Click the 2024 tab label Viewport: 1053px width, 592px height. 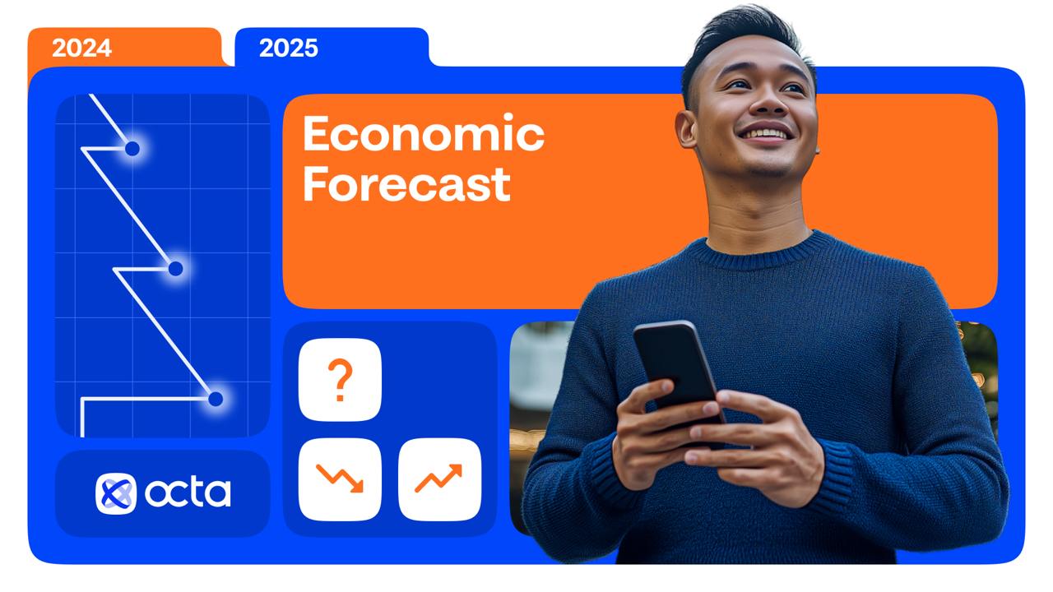click(x=81, y=48)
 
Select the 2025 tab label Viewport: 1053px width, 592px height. click(x=289, y=48)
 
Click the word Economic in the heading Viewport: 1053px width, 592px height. click(x=424, y=133)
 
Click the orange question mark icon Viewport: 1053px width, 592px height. click(x=340, y=380)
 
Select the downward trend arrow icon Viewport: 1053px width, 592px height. click(x=340, y=479)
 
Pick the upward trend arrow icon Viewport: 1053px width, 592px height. click(x=438, y=479)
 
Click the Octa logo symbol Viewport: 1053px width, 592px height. click(x=116, y=494)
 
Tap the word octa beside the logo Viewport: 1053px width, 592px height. click(x=188, y=493)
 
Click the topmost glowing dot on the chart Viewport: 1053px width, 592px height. click(x=132, y=149)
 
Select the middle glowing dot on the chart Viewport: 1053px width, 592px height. click(x=175, y=269)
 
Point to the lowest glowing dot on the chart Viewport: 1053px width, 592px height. click(x=216, y=400)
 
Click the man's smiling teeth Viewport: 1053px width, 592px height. click(x=764, y=134)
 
